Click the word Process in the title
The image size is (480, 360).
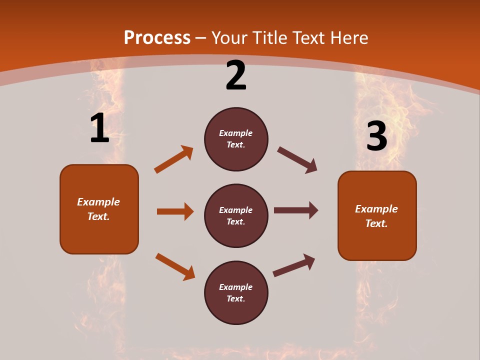pyautogui.click(x=157, y=38)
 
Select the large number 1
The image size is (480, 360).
pyautogui.click(x=99, y=128)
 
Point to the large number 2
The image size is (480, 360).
pyautogui.click(x=236, y=75)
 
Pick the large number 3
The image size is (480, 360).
pyautogui.click(x=376, y=136)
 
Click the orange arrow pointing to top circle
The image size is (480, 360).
pyautogui.click(x=173, y=159)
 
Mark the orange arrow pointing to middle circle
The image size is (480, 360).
pyautogui.click(x=175, y=211)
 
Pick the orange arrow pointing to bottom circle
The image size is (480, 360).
pyautogui.click(x=175, y=266)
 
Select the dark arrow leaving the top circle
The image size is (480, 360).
pyautogui.click(x=297, y=160)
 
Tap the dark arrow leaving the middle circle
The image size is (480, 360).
pyautogui.click(x=296, y=210)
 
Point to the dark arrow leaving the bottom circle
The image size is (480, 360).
pyautogui.click(x=294, y=265)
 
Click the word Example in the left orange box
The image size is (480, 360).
pyautogui.click(x=98, y=202)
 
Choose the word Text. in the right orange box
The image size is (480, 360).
pyautogui.click(x=376, y=223)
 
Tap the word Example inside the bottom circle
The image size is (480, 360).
pyautogui.click(x=236, y=287)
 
